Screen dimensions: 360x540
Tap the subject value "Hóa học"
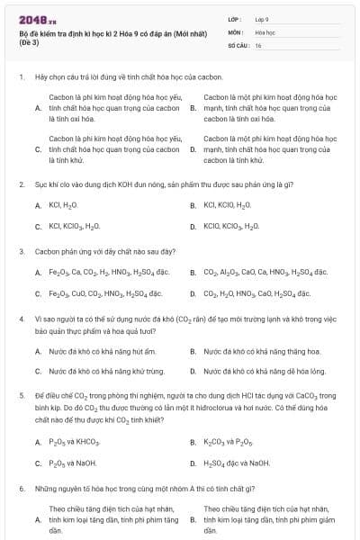265,31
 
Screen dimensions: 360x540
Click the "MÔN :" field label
237,31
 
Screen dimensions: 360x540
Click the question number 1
21,77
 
